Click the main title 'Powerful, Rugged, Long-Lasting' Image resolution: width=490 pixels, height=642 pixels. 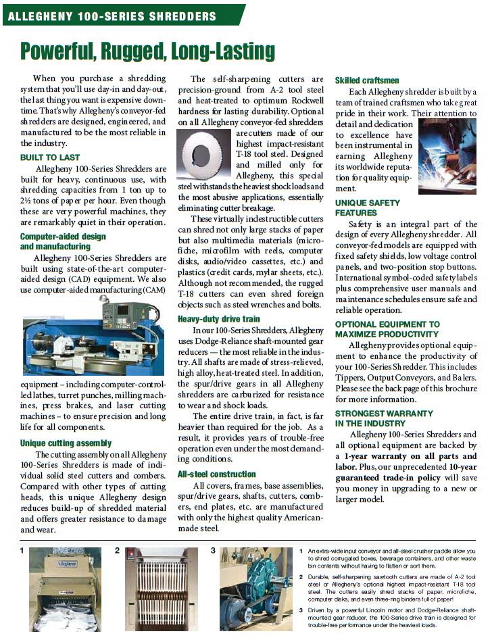click(147, 51)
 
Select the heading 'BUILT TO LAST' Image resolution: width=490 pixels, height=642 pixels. click(49, 157)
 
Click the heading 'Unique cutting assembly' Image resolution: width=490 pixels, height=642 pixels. click(66, 443)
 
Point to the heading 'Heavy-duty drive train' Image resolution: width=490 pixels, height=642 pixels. click(218, 318)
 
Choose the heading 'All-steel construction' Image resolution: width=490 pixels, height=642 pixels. click(216, 474)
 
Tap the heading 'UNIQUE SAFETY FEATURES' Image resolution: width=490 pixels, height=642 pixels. click(367, 207)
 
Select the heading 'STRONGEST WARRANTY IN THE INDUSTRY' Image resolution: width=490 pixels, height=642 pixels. click(384, 418)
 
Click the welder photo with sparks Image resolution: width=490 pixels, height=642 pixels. click(447, 156)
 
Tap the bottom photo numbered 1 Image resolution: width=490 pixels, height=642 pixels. click(65, 589)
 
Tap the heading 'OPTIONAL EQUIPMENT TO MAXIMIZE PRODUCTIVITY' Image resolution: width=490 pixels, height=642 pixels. click(387, 329)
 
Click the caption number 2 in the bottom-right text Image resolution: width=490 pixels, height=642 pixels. click(301, 576)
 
